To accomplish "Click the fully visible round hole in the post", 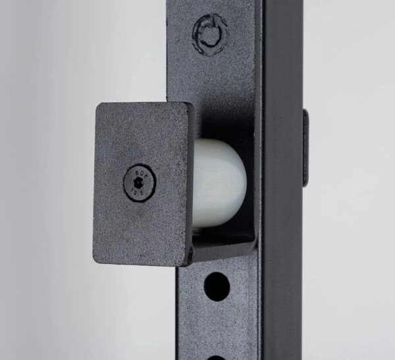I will (x=217, y=284).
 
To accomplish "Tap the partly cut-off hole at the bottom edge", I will (x=217, y=357).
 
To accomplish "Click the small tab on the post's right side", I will (x=305, y=147).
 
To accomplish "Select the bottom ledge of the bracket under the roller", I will (x=224, y=249).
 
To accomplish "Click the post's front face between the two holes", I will (x=217, y=322).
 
